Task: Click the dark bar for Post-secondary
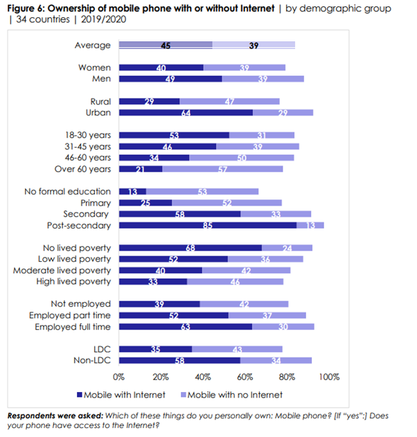[207, 224]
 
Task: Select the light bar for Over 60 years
[222, 168]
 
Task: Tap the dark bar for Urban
[186, 112]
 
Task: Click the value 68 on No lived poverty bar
[188, 247]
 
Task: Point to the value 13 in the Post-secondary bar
[310, 224]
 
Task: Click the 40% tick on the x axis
[203, 377]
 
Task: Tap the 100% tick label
[328, 377]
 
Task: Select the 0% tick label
[118, 377]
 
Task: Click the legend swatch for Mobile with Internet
[78, 395]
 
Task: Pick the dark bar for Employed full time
[185, 326]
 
